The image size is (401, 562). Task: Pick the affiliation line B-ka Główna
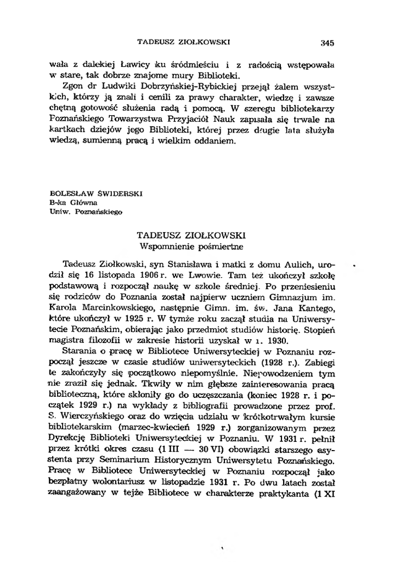coord(73,201)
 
